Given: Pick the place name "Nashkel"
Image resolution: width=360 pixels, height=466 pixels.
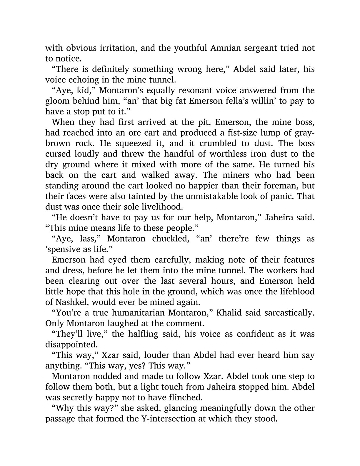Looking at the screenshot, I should click(65, 302).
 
